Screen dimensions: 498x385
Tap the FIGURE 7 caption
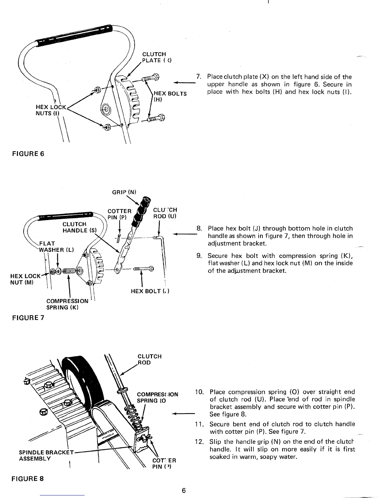click(x=28, y=318)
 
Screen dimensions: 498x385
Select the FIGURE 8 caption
click(x=28, y=479)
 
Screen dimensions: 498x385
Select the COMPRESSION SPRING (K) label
click(x=67, y=304)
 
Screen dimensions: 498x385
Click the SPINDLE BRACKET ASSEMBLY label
click(x=46, y=456)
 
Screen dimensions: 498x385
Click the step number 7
click(x=198, y=77)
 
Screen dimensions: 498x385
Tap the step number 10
click(x=199, y=392)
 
